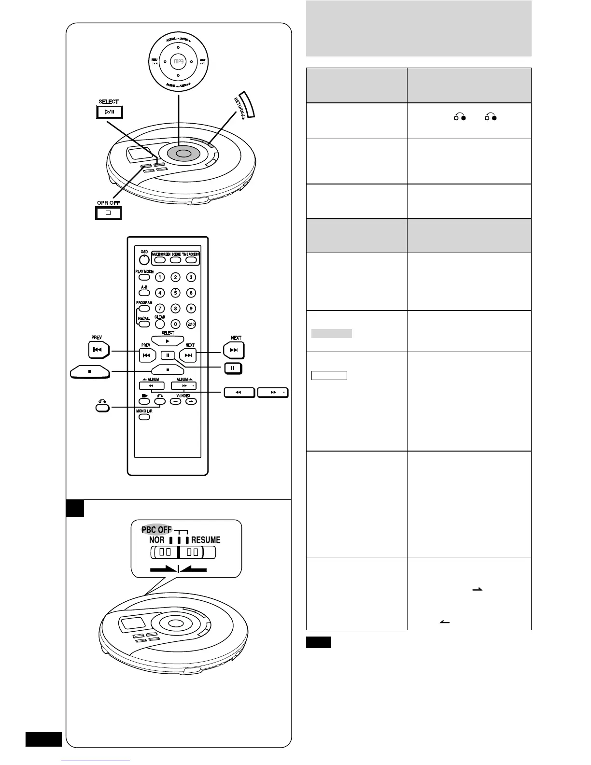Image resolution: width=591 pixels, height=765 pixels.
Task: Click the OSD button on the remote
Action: click(x=144, y=259)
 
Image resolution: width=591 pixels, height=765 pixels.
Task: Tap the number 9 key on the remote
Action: click(x=191, y=308)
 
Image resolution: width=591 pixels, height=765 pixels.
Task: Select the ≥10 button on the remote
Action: click(x=191, y=325)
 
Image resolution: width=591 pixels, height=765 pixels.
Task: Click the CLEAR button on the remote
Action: click(x=159, y=324)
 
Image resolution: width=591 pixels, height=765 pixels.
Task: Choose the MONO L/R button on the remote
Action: click(x=144, y=416)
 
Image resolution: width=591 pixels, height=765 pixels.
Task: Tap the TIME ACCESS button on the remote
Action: click(x=192, y=260)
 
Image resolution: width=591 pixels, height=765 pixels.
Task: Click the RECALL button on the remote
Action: click(x=144, y=324)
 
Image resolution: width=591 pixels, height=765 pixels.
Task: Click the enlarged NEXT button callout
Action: click(x=234, y=350)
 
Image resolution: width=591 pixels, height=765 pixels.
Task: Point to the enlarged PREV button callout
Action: click(x=98, y=350)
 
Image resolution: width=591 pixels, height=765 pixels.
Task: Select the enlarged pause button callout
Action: click(x=233, y=368)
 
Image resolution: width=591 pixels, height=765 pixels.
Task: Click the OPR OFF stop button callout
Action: click(x=108, y=212)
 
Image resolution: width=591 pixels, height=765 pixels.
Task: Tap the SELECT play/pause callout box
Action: click(x=109, y=112)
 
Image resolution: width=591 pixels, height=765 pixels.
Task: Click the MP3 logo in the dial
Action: click(x=178, y=61)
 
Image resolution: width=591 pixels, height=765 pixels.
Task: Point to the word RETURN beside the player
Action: click(x=240, y=106)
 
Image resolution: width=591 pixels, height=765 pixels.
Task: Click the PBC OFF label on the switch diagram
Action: click(x=156, y=529)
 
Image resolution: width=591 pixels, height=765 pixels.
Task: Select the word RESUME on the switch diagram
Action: click(x=206, y=539)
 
